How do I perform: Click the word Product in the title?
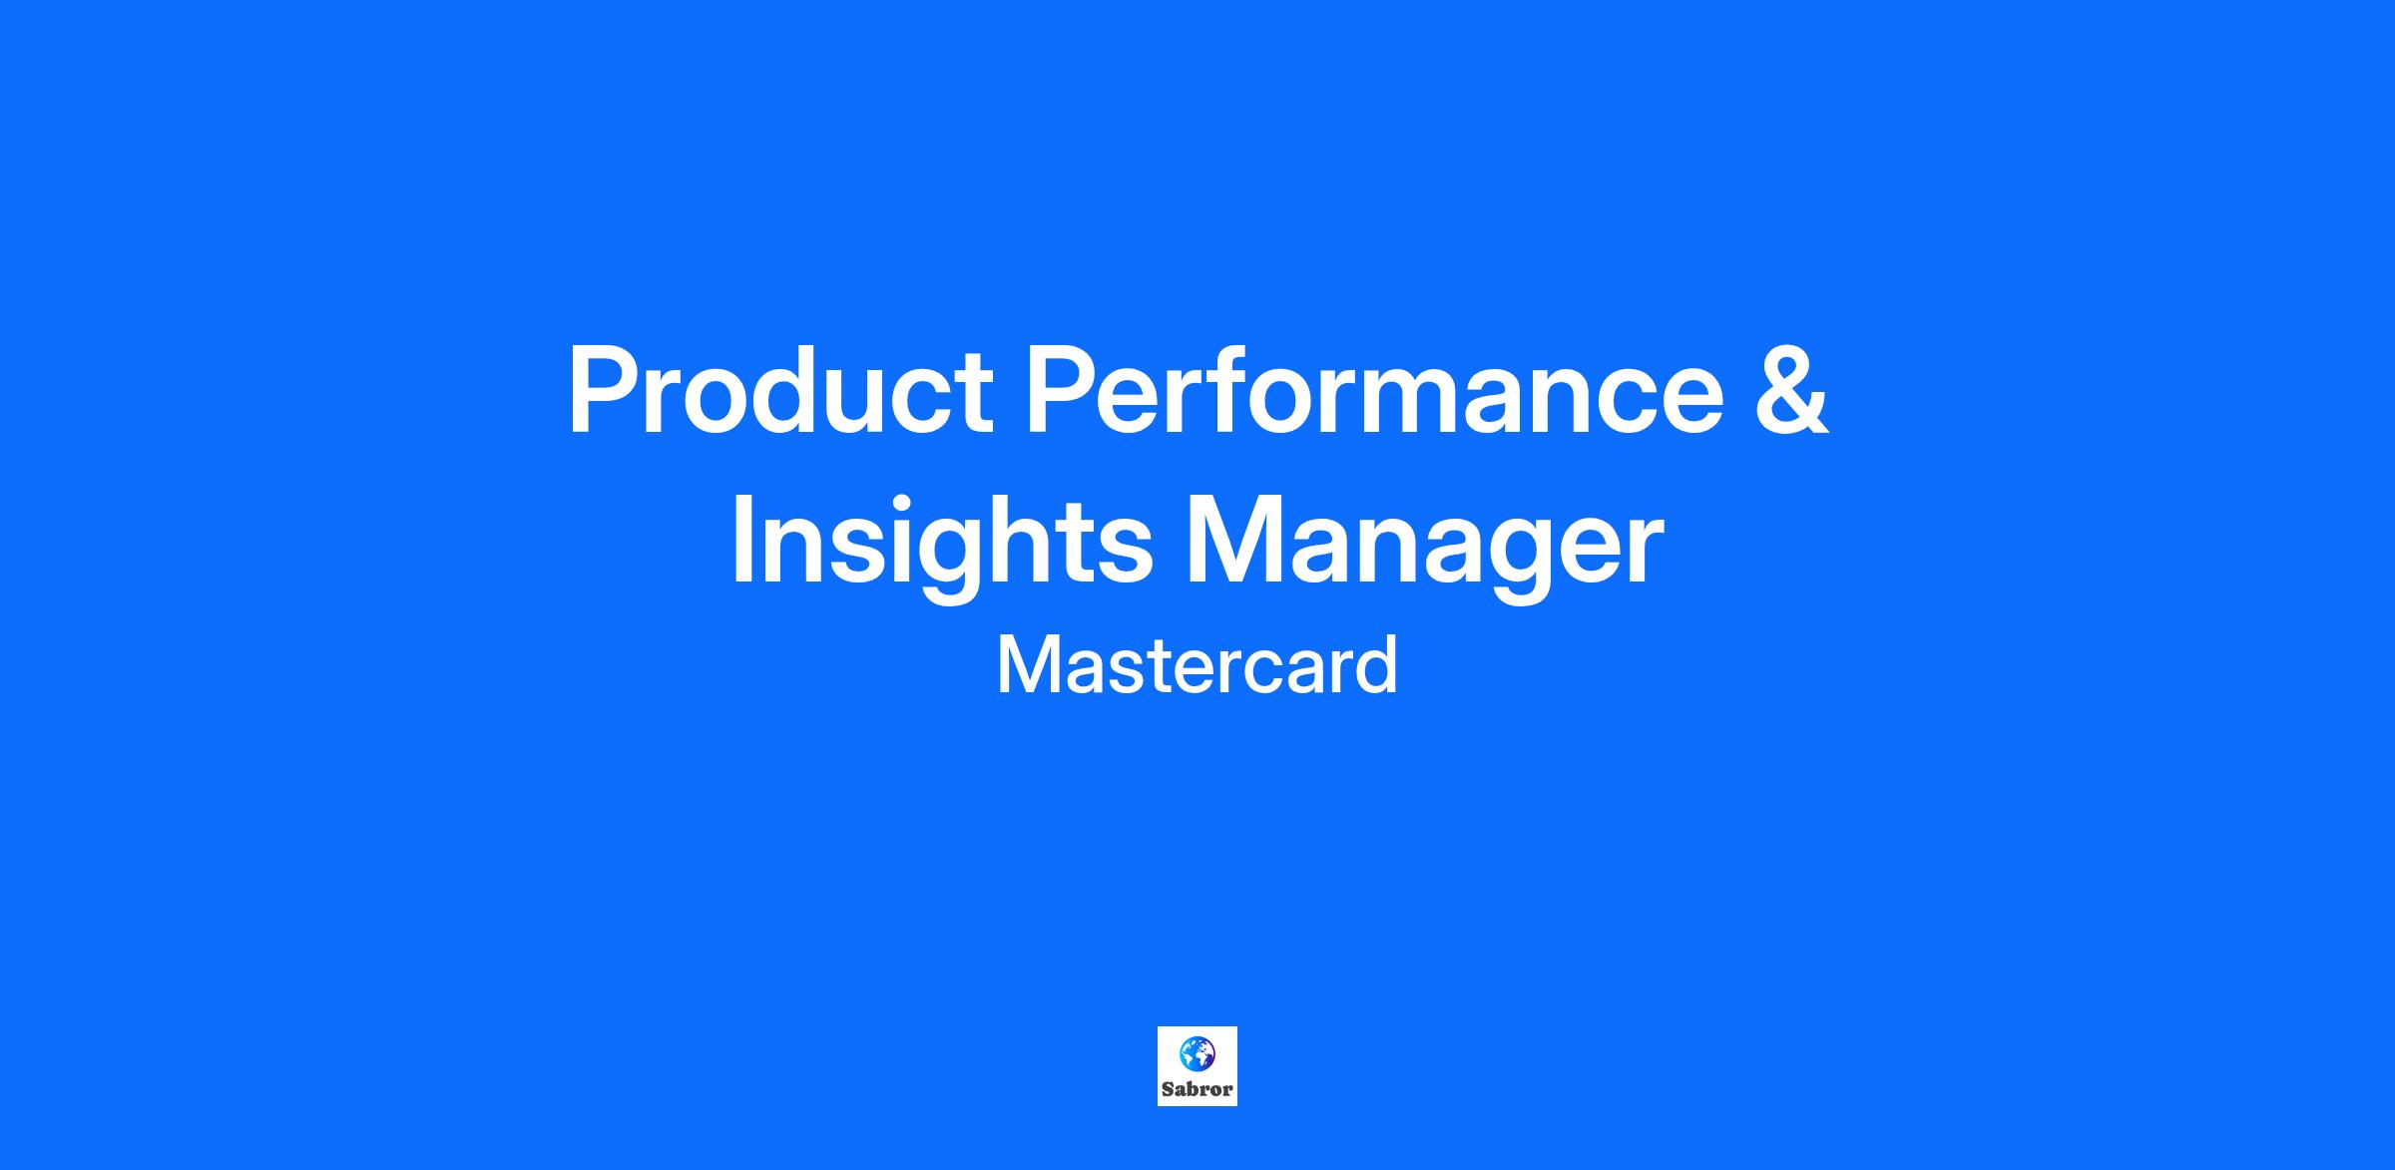pyautogui.click(x=780, y=390)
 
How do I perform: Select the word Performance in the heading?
pyautogui.click(x=1375, y=390)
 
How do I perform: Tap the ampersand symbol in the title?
pyautogui.click(x=1792, y=390)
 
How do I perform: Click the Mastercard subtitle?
pyautogui.click(x=1197, y=665)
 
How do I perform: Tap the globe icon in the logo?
pyautogui.click(x=1197, y=1052)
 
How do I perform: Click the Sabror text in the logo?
pyautogui.click(x=1197, y=1089)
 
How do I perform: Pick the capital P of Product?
pyautogui.click(x=604, y=390)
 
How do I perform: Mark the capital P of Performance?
pyautogui.click(x=1063, y=390)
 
